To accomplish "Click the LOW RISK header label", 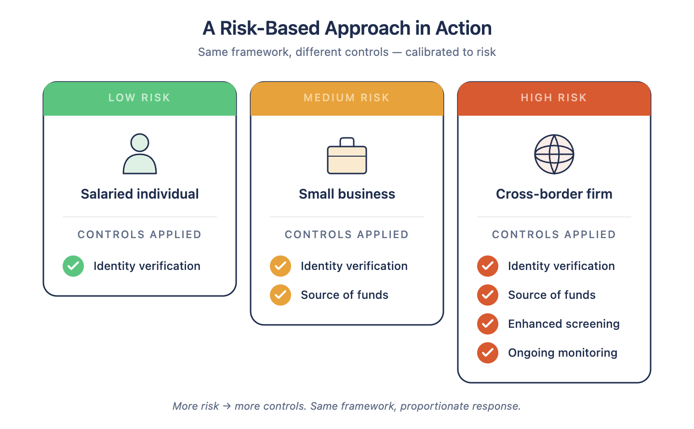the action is click(139, 98).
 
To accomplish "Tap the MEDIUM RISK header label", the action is click(347, 98).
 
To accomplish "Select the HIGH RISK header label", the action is click(554, 98).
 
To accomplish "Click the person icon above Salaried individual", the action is click(140, 154).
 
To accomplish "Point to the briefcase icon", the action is click(347, 156).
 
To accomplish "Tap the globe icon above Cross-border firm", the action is click(554, 154).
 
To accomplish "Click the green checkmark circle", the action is click(73, 266).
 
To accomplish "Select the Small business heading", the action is click(347, 194).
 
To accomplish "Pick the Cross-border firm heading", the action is click(554, 194).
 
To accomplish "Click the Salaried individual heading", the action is click(140, 194).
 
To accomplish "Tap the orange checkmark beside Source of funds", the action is click(280, 295).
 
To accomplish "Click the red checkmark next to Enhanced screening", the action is click(488, 324).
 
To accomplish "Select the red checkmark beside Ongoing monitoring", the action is click(488, 353).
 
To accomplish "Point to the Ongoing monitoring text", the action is click(562, 353).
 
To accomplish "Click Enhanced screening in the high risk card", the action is click(564, 324).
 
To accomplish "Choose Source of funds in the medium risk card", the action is click(345, 295).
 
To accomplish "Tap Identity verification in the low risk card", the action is click(147, 266).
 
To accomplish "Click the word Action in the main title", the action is click(464, 28).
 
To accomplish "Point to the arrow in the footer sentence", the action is click(227, 406).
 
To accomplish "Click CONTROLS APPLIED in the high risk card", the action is click(554, 235).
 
